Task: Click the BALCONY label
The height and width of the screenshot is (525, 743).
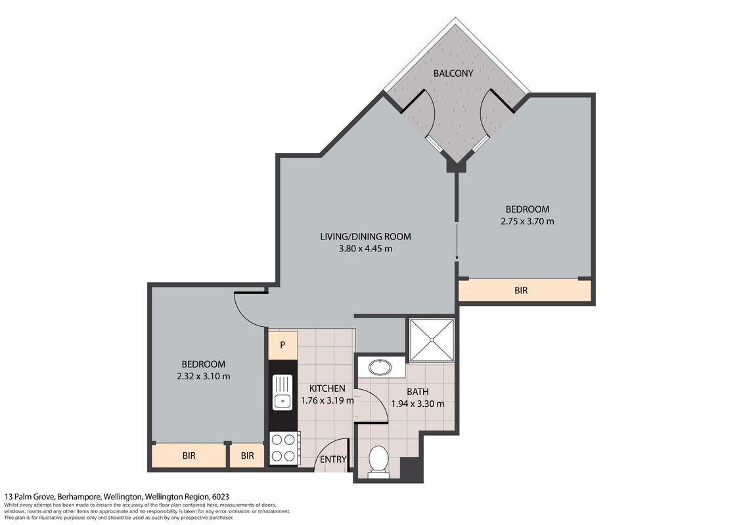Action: (x=453, y=73)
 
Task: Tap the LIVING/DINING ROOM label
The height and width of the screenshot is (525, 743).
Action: (x=365, y=237)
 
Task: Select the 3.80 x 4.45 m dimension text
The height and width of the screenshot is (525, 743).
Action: (x=365, y=249)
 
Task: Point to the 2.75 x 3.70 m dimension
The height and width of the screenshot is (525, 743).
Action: (x=528, y=221)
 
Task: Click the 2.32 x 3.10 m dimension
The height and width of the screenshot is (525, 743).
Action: (x=203, y=376)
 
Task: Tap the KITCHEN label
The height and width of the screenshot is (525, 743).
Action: (x=327, y=388)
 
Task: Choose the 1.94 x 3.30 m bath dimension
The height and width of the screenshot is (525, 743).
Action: (x=417, y=404)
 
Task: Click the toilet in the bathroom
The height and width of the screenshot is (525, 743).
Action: (x=378, y=459)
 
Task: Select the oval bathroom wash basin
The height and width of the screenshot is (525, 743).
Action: (x=380, y=367)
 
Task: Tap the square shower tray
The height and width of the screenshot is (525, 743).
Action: (x=432, y=340)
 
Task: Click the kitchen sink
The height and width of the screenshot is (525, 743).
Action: (x=282, y=392)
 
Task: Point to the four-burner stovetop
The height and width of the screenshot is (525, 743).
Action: (x=283, y=448)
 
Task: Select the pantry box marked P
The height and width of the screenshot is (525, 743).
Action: (x=283, y=345)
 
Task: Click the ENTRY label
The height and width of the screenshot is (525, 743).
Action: (x=332, y=459)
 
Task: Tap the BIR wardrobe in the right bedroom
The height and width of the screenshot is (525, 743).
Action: (x=525, y=290)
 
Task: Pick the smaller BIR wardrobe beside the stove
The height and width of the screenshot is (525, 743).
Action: (x=247, y=456)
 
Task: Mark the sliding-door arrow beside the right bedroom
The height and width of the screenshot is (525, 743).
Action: (x=457, y=241)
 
